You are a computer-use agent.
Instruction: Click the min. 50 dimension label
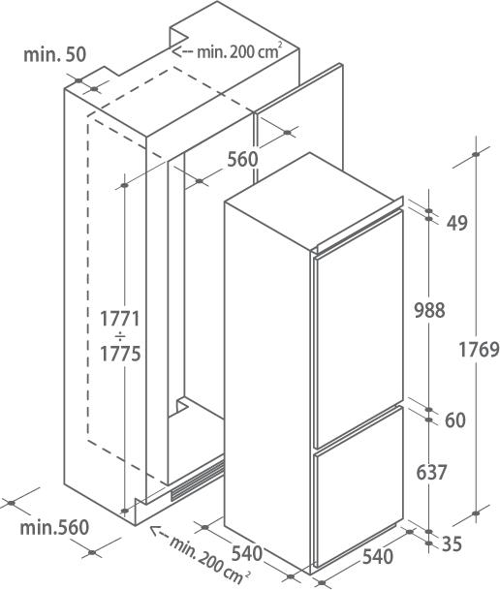(x=55, y=54)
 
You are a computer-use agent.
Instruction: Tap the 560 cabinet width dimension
(x=242, y=159)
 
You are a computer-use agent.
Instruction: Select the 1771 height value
(x=120, y=319)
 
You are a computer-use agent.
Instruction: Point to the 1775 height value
(x=120, y=354)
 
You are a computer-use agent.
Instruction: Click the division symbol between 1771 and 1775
(x=120, y=335)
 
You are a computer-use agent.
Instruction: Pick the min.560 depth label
(x=54, y=528)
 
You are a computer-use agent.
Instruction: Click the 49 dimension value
(x=457, y=223)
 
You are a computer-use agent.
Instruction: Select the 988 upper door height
(x=429, y=310)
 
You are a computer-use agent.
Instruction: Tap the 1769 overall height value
(x=479, y=350)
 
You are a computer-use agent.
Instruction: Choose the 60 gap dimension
(x=455, y=419)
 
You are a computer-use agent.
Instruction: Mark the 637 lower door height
(x=431, y=472)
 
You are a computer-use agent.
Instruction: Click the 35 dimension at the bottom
(x=452, y=543)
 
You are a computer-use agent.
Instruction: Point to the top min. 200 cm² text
(x=239, y=51)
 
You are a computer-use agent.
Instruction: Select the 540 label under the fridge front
(x=377, y=557)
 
